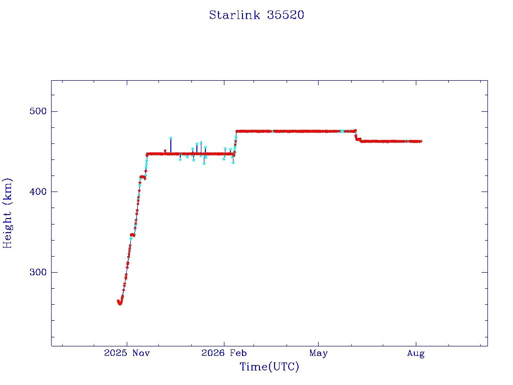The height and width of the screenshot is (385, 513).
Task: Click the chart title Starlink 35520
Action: (x=256, y=15)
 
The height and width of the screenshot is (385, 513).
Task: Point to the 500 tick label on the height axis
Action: (x=38, y=111)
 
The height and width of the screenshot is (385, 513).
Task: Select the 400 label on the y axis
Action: (x=38, y=191)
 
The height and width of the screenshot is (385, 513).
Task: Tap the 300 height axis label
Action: (x=38, y=272)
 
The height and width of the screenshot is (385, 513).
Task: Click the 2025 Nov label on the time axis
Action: (x=127, y=353)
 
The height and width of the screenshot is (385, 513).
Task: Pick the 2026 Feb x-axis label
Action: (x=224, y=353)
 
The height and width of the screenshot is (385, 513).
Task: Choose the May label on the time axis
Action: (x=318, y=353)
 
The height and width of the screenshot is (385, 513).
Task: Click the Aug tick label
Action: (x=416, y=353)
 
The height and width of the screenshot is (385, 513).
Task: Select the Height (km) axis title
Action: (x=7, y=213)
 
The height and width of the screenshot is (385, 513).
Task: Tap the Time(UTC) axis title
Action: (x=269, y=366)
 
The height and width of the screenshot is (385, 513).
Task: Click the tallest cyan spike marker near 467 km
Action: (x=170, y=138)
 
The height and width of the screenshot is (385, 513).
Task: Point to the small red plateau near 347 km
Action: (x=132, y=235)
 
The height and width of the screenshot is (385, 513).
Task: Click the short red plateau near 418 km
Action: (x=142, y=177)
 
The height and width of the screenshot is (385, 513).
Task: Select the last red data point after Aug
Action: (x=420, y=141)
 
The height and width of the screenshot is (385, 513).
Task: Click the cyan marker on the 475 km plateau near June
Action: (x=342, y=131)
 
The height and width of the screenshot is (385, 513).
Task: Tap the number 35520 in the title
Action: (x=286, y=15)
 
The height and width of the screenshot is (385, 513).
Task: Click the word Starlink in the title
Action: (x=234, y=15)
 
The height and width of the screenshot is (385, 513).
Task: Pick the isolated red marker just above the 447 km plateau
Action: (x=165, y=151)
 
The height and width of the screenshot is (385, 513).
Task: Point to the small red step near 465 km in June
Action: (x=358, y=139)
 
